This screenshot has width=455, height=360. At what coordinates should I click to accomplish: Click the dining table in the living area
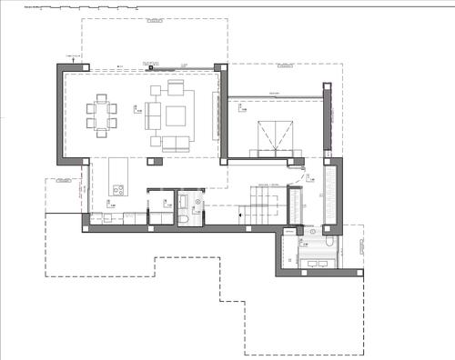pyautogui.click(x=102, y=115)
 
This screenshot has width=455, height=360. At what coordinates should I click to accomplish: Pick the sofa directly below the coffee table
pyautogui.click(x=176, y=141)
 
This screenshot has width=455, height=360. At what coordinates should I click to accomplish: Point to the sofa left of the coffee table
pyautogui.click(x=153, y=115)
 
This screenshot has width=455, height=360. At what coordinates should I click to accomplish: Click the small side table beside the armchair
pyautogui.click(x=156, y=90)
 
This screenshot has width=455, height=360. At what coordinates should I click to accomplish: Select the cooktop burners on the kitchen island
pyautogui.click(x=117, y=189)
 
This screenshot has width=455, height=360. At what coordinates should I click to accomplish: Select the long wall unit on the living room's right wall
pyautogui.click(x=216, y=115)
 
